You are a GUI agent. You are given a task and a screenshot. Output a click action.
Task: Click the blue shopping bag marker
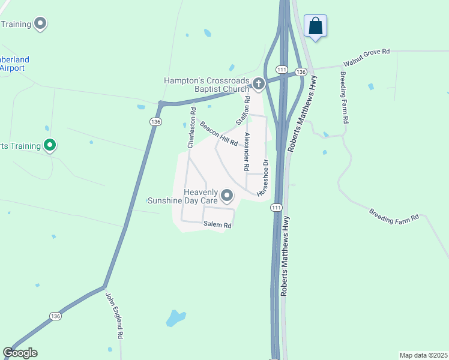coord(315,26)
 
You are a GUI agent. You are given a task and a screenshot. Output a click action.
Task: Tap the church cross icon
coord(259,83)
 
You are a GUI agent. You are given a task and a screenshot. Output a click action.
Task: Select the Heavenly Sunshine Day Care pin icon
coord(227,196)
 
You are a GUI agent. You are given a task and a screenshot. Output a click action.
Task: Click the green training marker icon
coord(50,145)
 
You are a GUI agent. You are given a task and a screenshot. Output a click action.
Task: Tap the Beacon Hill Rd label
coord(219,134)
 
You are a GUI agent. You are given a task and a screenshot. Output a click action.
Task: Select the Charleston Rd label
coord(191,128)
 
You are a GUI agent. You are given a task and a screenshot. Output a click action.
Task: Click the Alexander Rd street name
coord(246,151)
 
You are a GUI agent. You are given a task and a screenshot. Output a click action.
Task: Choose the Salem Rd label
coord(217,224)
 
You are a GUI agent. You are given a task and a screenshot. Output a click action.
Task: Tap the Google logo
coord(20,353)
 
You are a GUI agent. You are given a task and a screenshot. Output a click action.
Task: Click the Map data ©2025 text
coord(423,355)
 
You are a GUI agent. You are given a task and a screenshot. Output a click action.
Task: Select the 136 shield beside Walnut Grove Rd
coord(301,72)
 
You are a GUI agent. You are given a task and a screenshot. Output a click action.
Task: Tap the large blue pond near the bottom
coord(175,317)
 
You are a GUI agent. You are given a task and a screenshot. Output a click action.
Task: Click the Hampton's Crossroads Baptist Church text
coord(206,85)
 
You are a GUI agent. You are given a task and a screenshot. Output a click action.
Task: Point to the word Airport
coord(12,68)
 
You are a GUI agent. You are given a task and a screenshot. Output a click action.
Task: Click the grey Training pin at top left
coord(41,24)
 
